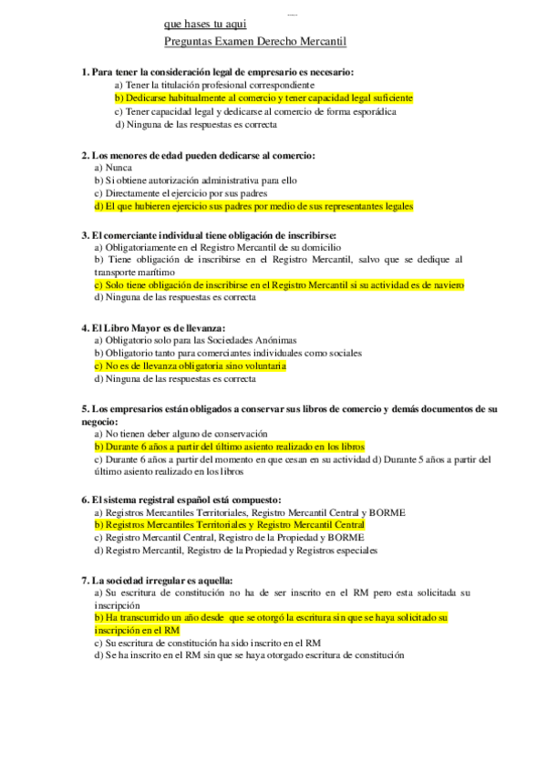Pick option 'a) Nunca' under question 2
pyautogui.click(x=113, y=168)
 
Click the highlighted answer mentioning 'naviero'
pyautogui.click(x=279, y=284)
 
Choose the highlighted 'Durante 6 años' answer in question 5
pyautogui.click(x=229, y=447)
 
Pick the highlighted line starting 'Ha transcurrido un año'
pyautogui.click(x=271, y=617)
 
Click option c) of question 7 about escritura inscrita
pyautogui.click(x=207, y=643)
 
